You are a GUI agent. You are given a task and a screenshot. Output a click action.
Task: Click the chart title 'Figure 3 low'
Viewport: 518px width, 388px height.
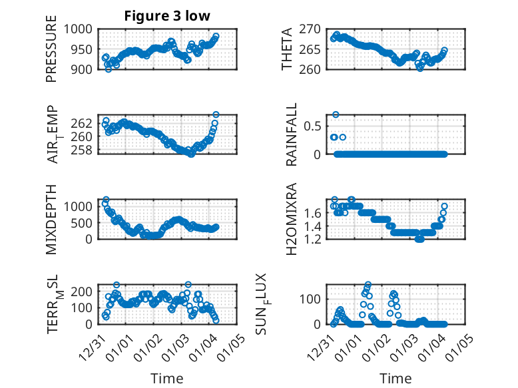167,17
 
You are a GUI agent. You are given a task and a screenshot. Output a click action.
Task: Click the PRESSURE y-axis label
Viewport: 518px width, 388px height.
52,53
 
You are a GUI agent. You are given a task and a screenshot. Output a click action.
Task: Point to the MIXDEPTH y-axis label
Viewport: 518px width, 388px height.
52,220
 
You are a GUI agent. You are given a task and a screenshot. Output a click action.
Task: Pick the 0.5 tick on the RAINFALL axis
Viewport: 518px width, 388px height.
314,126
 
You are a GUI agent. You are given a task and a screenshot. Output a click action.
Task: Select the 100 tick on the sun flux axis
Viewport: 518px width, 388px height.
312,298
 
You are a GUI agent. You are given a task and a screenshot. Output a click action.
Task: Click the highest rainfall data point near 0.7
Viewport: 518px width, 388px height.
336,114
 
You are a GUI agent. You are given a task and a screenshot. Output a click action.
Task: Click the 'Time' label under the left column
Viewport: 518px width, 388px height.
167,378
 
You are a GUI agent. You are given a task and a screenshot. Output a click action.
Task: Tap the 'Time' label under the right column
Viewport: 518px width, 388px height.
396,378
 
